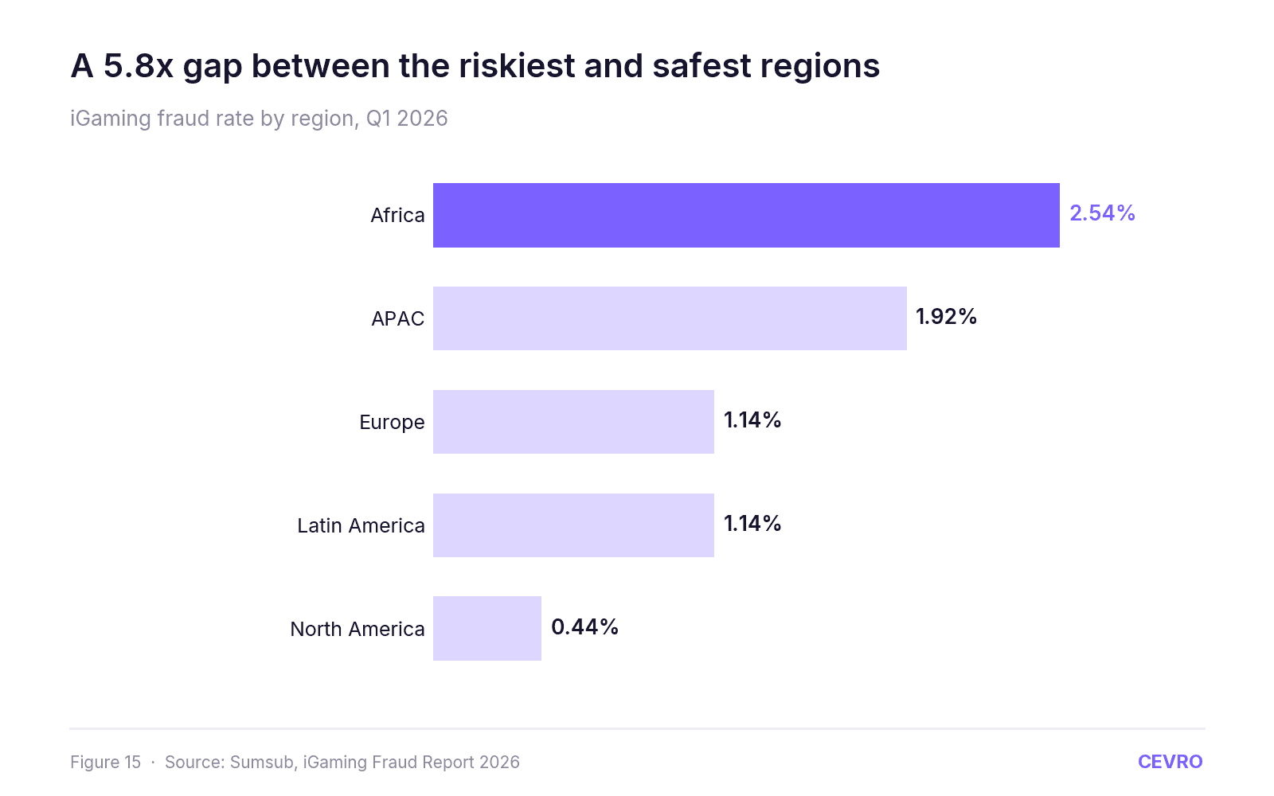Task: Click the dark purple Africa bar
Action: coord(746,215)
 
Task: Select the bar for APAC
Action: coord(670,318)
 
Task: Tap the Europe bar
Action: coord(573,422)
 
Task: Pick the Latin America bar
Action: coord(573,525)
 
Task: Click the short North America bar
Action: coord(487,628)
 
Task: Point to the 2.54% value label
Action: coord(1102,213)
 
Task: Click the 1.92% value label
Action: coord(946,317)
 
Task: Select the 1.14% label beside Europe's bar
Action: coord(752,420)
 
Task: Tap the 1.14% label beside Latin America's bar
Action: coord(752,524)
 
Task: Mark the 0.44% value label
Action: coord(584,627)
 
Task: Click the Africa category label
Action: coord(397,216)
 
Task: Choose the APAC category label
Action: coord(397,319)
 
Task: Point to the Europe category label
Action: coord(392,423)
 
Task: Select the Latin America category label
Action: coord(361,526)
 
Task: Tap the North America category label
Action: coord(358,630)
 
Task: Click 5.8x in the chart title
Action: coord(139,65)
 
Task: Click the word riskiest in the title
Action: coord(517,65)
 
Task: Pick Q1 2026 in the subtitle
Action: coord(407,119)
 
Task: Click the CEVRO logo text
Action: coord(1170,762)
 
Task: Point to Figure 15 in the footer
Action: coord(105,763)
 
